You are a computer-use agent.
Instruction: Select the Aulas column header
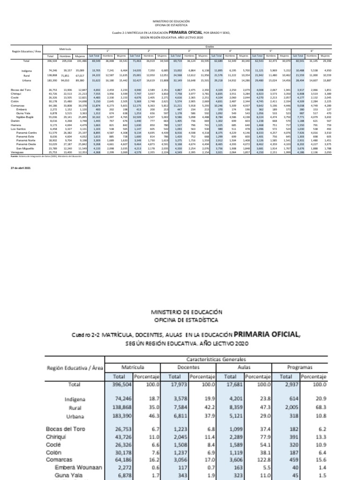[x=244, y=368]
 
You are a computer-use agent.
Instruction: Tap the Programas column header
[x=300, y=368]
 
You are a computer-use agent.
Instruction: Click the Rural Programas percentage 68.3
[x=319, y=408]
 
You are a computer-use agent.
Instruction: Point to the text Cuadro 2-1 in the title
[x=119, y=32]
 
